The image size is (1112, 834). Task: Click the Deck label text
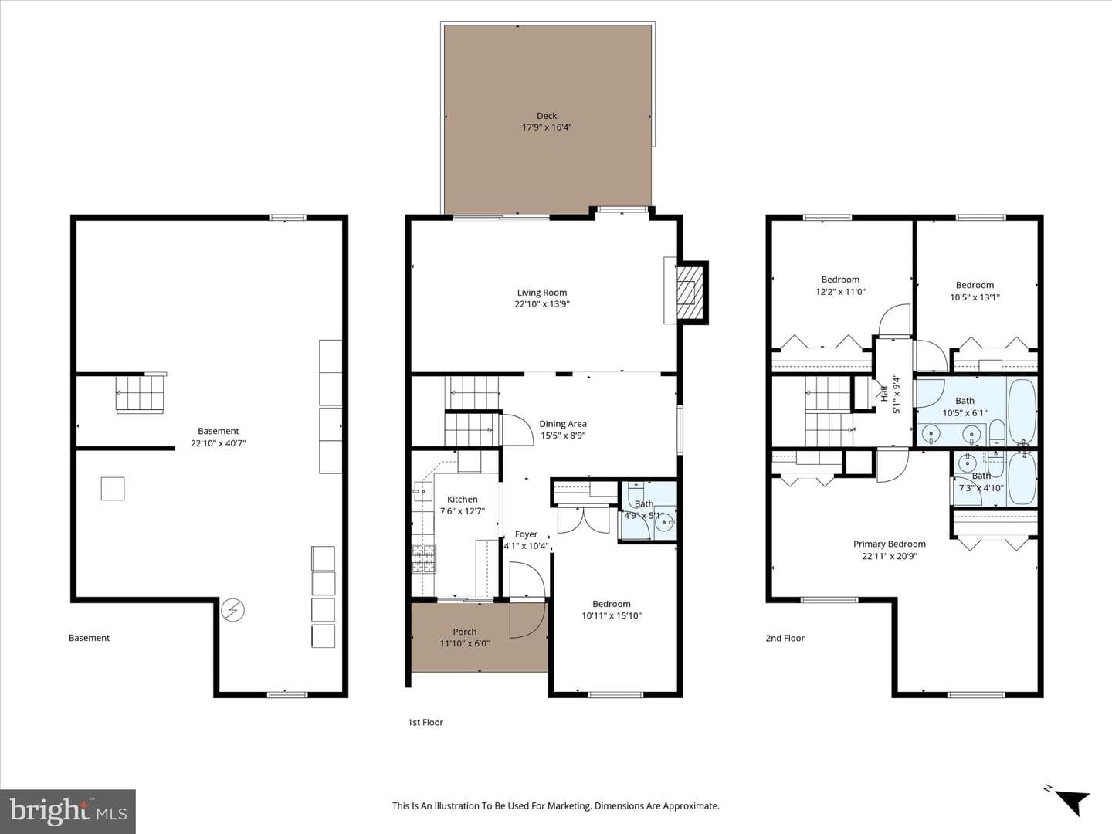point(547,116)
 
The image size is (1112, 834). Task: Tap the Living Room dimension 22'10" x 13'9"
point(542,304)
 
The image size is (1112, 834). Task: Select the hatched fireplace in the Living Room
point(690,293)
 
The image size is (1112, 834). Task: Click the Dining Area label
point(563,424)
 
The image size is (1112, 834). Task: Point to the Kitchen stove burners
point(423,558)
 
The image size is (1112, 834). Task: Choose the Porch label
point(465,632)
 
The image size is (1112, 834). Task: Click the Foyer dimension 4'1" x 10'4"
point(527,546)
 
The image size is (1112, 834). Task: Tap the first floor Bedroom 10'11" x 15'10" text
point(612,615)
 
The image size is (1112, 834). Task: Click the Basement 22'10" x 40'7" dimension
point(219,443)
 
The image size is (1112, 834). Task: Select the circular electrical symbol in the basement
point(233,610)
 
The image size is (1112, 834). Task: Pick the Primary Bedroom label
point(890,544)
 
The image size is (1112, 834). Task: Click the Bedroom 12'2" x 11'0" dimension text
point(840,292)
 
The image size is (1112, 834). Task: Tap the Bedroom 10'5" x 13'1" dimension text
point(975,297)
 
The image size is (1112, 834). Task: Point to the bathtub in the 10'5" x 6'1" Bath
point(1022,412)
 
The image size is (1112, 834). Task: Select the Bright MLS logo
point(68,811)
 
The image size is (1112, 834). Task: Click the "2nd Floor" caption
point(785,638)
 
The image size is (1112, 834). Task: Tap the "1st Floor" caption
point(425,723)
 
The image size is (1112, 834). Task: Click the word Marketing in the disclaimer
point(569,805)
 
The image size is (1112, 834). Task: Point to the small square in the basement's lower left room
point(113,489)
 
